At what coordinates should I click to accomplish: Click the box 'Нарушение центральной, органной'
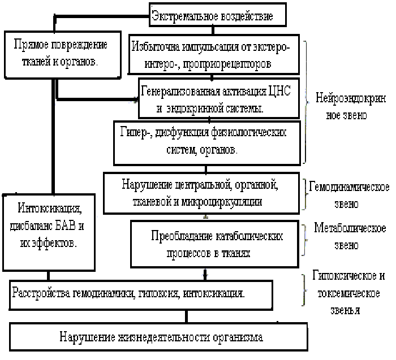click(201, 192)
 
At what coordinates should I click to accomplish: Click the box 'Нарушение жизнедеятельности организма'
click(161, 337)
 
